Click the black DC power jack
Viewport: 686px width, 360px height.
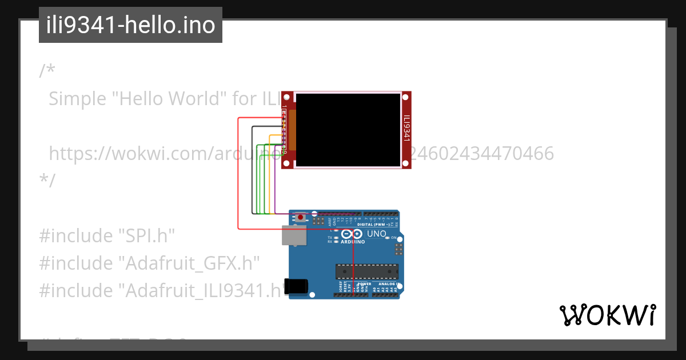[x=297, y=286]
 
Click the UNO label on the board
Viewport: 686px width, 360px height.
[x=376, y=234]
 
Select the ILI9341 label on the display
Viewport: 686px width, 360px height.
[x=406, y=129]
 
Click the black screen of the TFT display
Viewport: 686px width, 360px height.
[x=348, y=130]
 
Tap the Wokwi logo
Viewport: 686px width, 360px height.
[x=608, y=315]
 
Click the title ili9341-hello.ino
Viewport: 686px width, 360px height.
[x=130, y=25]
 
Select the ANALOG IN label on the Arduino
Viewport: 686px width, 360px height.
[x=388, y=284]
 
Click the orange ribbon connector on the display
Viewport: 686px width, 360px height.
[x=292, y=130]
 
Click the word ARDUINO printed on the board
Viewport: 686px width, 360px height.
[x=353, y=242]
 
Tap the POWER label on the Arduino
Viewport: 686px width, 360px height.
[x=364, y=284]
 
